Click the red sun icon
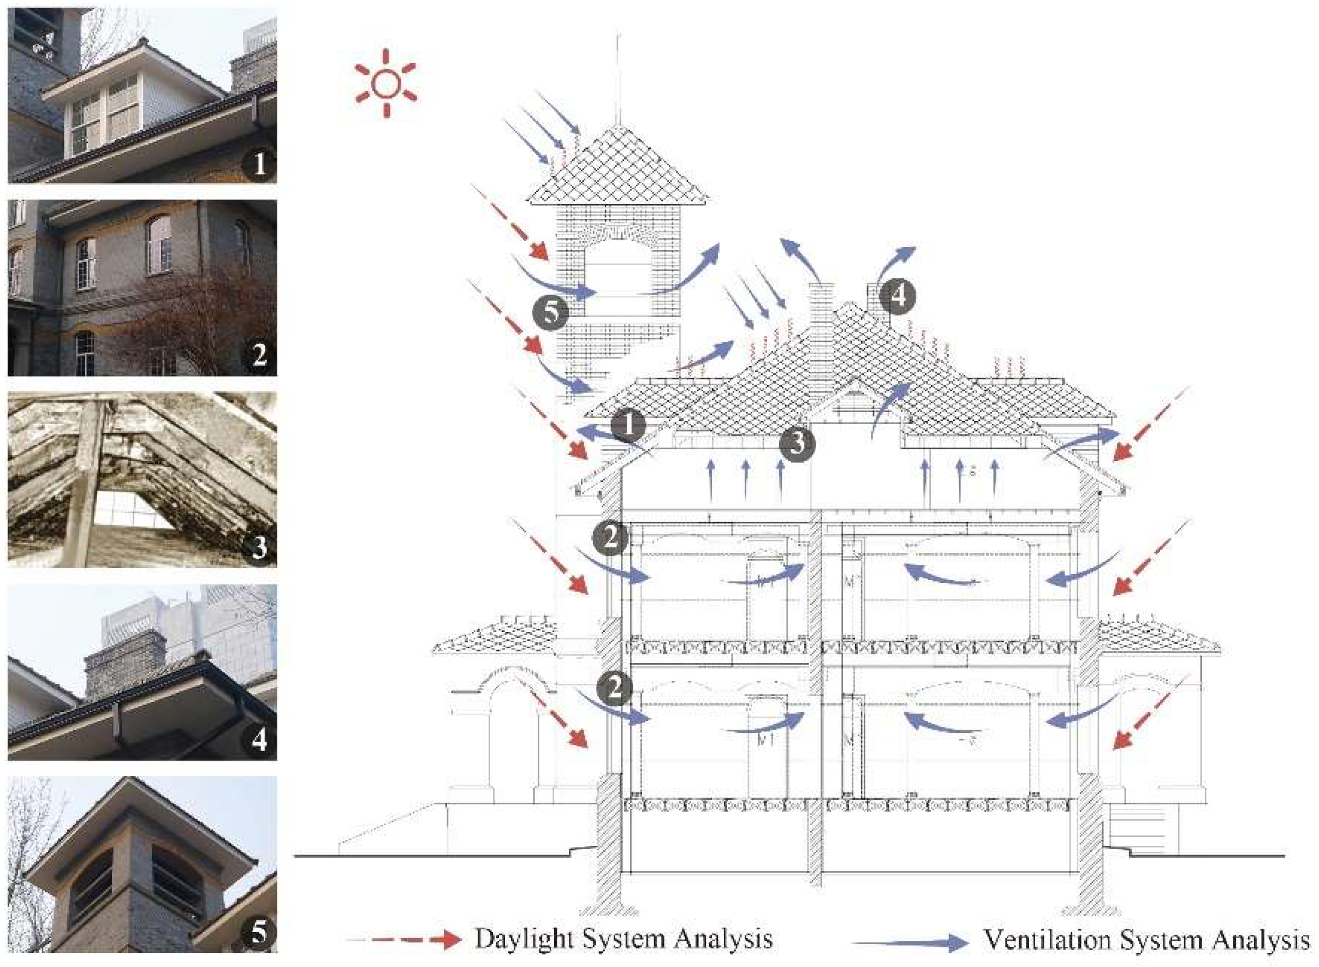click(386, 83)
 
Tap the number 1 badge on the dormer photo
click(259, 164)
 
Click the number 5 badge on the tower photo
click(259, 932)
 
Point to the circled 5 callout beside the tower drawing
click(550, 314)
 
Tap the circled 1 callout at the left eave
click(628, 426)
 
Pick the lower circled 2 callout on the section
click(614, 688)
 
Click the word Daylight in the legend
click(524, 939)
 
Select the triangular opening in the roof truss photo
click(135, 511)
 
